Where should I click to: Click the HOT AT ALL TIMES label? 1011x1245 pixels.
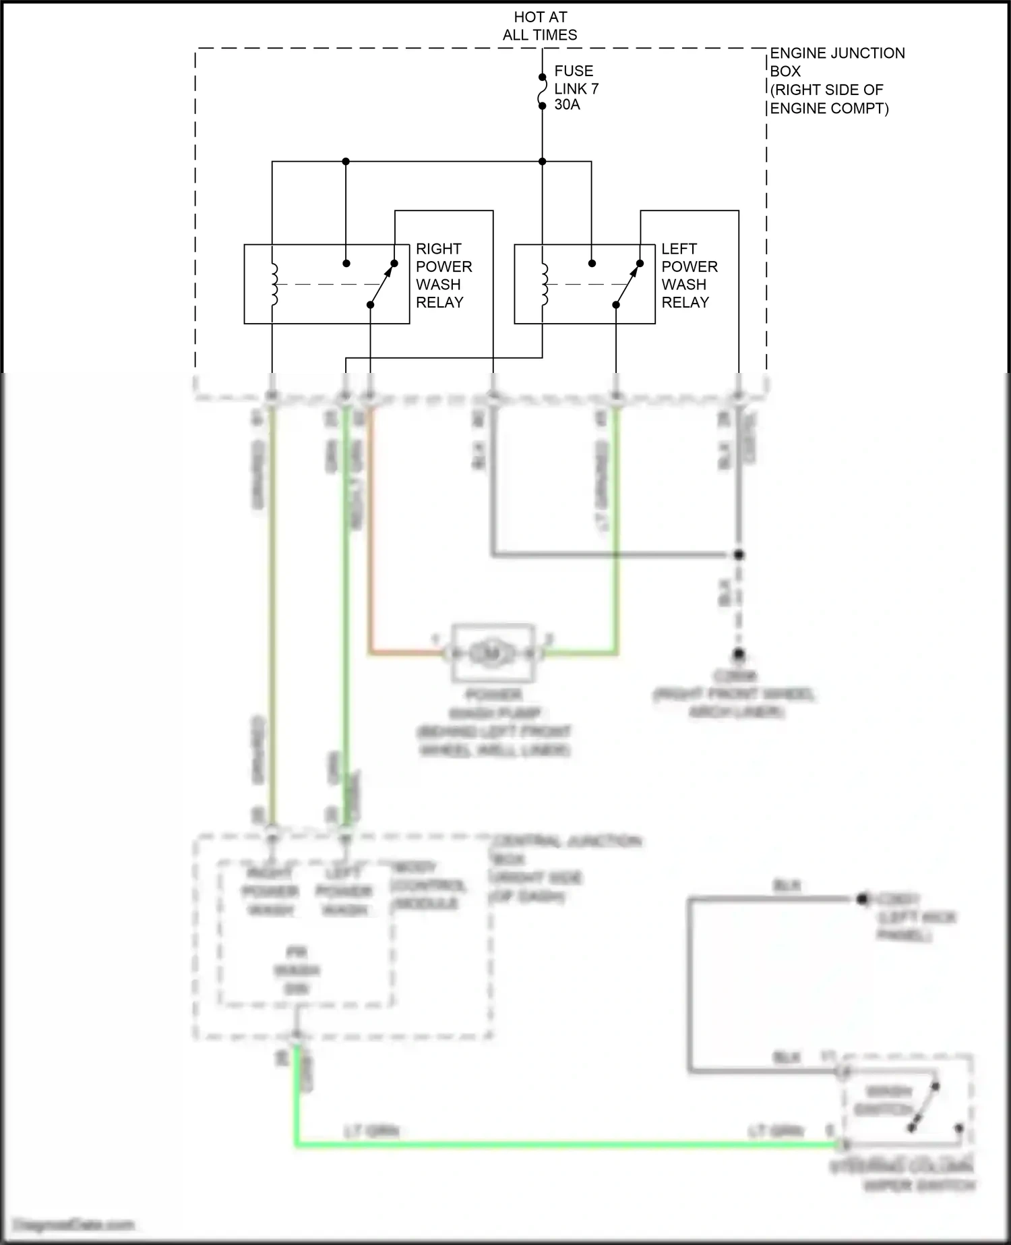tap(540, 26)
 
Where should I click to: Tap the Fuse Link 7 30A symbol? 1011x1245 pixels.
tap(542, 92)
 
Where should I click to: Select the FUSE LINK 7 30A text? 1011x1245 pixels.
tap(576, 88)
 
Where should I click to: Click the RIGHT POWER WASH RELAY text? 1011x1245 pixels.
tap(443, 276)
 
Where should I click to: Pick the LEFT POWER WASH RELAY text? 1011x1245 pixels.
tap(689, 276)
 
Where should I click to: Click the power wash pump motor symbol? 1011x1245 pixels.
tap(493, 653)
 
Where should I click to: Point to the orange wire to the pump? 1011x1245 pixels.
tap(370, 540)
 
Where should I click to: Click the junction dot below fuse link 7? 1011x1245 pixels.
tap(542, 162)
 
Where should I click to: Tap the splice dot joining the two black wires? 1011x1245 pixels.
tap(739, 555)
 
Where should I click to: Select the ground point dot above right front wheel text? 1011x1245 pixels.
tap(739, 654)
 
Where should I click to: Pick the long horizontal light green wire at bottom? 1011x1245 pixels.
tap(566, 1144)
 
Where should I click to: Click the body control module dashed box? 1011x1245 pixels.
tap(305, 934)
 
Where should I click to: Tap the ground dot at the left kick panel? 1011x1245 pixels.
tap(862, 899)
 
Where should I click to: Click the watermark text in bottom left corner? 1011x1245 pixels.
tap(74, 1225)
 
